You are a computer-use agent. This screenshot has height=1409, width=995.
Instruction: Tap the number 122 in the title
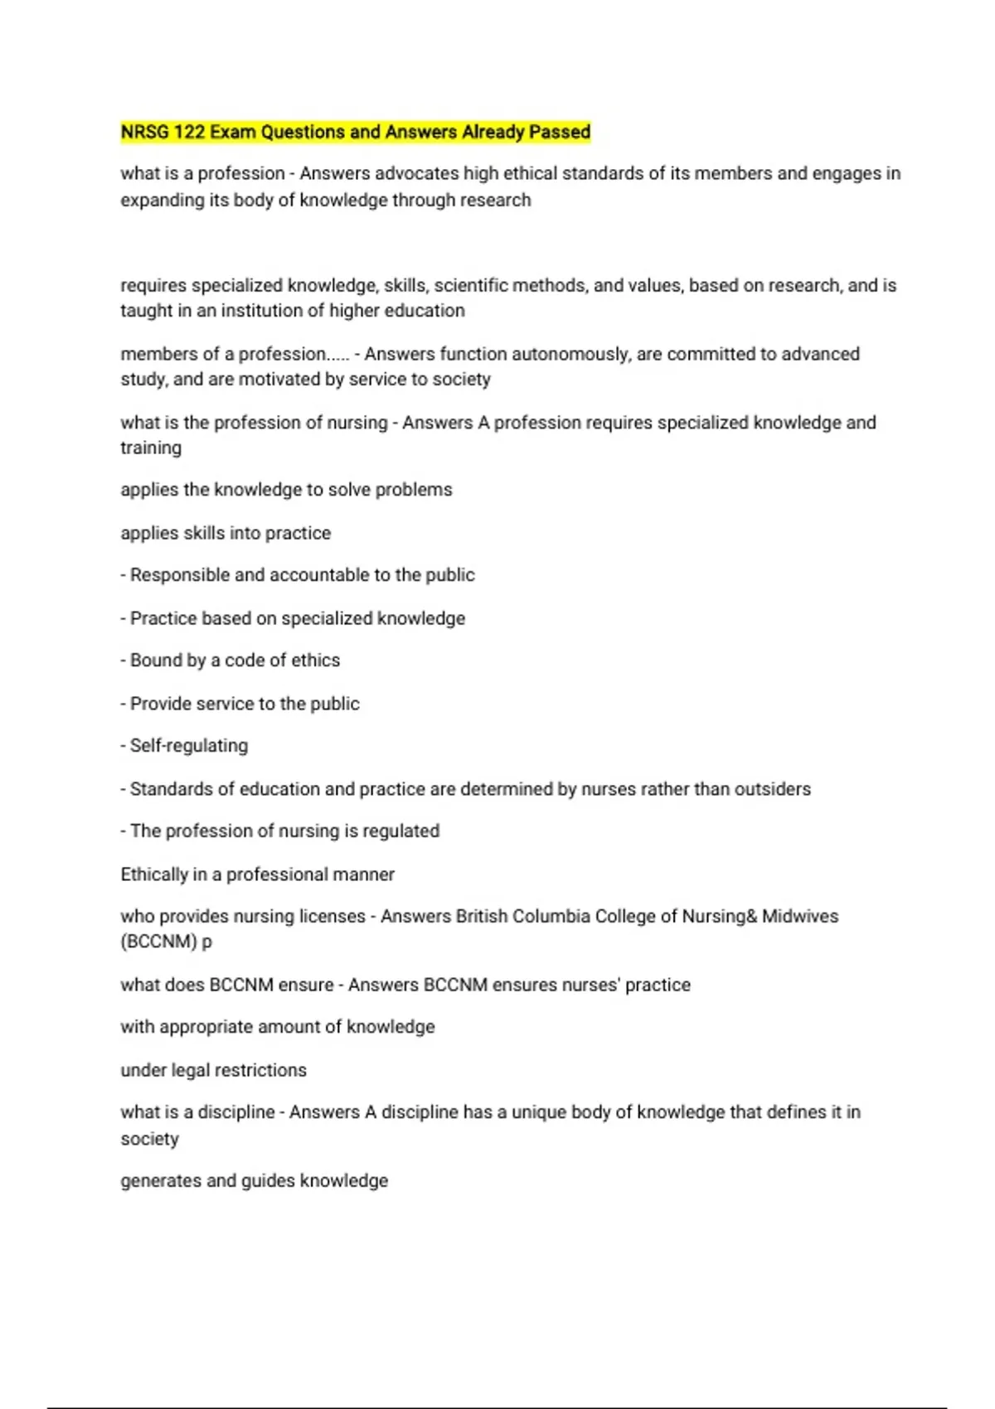click(x=189, y=132)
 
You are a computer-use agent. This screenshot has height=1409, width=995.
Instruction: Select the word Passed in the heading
click(x=561, y=132)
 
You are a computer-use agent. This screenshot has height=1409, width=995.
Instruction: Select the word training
click(x=151, y=448)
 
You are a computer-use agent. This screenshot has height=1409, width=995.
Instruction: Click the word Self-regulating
click(x=189, y=746)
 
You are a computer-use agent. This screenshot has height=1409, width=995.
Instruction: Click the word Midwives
click(x=800, y=917)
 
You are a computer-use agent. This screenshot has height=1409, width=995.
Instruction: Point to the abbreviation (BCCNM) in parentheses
click(x=159, y=942)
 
